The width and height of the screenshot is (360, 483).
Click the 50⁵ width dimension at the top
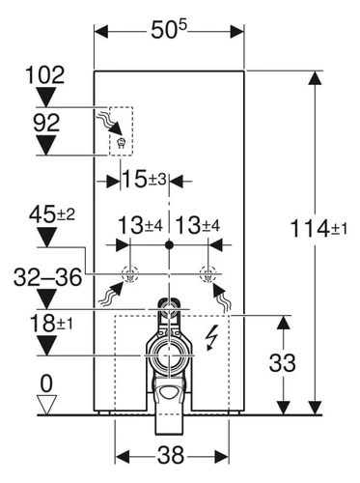point(169,31)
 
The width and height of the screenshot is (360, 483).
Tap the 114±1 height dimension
point(318,229)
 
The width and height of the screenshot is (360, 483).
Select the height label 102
point(45,75)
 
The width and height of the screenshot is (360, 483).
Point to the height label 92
point(46,123)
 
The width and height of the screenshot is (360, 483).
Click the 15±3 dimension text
point(145,179)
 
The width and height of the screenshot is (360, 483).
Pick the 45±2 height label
point(52,214)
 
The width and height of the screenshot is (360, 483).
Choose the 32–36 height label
point(47,277)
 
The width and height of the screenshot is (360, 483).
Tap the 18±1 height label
point(51,324)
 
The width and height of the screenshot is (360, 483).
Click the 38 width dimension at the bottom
point(171,455)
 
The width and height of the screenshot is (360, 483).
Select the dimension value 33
point(282,363)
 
